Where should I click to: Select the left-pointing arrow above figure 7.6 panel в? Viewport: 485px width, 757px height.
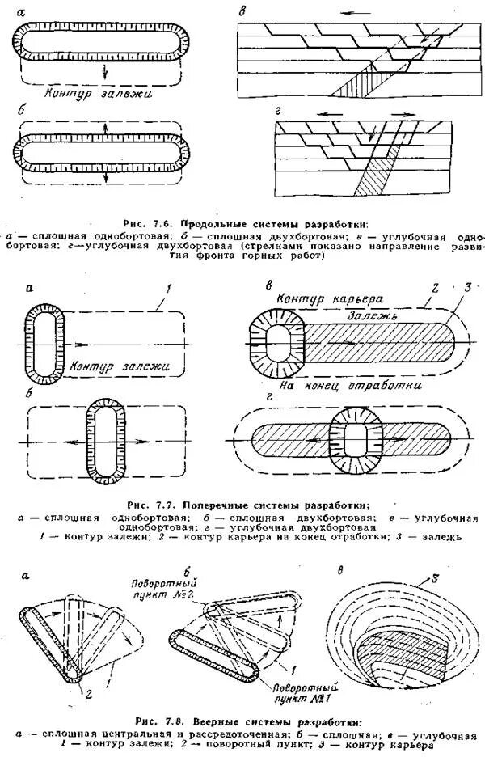(x=344, y=14)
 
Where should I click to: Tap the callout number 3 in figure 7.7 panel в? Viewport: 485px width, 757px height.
(x=466, y=289)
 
